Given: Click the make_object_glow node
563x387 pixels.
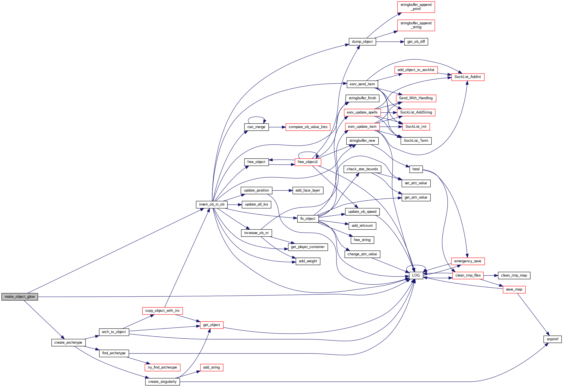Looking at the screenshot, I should tap(20, 297).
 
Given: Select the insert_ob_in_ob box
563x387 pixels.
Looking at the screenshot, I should tap(211, 204).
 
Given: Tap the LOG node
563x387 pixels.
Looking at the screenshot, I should tap(416, 275).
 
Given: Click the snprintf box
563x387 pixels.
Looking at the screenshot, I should tap(552, 339).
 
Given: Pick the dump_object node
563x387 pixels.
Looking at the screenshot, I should tap(362, 42).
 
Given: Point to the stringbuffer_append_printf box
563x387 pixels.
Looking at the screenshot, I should tap(416, 7).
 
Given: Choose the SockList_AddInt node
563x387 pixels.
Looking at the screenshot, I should tap(468, 77).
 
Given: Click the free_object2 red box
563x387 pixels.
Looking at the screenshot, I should tap(308, 162).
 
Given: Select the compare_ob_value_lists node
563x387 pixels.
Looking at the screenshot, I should tap(308, 127).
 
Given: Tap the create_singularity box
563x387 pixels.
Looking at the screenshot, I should tap(162, 382).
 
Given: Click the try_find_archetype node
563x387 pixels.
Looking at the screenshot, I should tap(162, 367).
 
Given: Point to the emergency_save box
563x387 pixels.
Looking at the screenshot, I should tap(468, 261).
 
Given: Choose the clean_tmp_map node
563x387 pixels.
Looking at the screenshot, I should tap(514, 275).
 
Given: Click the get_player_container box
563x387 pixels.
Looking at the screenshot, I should tap(308, 247).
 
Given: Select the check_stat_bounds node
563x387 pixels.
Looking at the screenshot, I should tap(362, 169).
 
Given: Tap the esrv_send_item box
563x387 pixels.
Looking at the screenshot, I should tap(362, 84).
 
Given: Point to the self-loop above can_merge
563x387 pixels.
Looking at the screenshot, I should tap(256, 117).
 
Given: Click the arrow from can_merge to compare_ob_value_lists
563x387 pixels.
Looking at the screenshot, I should tap(277, 127).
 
